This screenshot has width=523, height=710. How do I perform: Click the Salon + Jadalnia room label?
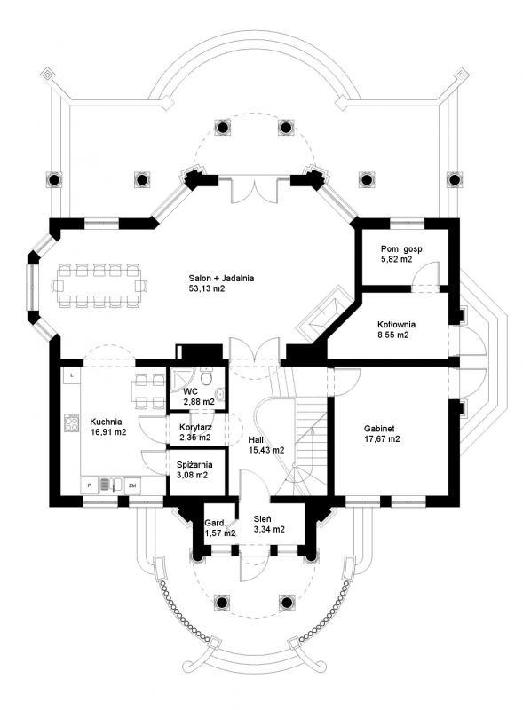click(x=221, y=278)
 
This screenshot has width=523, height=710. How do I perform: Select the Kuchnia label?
click(x=106, y=422)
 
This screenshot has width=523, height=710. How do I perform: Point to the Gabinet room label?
click(x=379, y=429)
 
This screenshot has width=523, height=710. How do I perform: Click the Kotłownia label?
click(x=397, y=324)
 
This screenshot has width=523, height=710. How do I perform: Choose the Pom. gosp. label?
click(x=403, y=249)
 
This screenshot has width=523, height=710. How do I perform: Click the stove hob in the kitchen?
click(x=71, y=422)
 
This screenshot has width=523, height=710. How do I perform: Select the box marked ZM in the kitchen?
click(x=132, y=485)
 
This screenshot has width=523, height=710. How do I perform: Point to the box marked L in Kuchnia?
click(x=72, y=375)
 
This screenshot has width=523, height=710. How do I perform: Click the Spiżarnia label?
click(x=194, y=465)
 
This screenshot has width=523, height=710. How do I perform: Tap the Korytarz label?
click(x=195, y=427)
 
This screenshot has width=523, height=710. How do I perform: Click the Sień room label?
click(x=263, y=519)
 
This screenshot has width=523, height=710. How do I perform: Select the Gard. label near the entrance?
click(x=215, y=522)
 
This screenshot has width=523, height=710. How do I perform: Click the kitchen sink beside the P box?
click(x=110, y=485)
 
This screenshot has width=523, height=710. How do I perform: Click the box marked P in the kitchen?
click(x=90, y=485)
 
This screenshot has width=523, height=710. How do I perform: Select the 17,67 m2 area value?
click(x=382, y=438)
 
